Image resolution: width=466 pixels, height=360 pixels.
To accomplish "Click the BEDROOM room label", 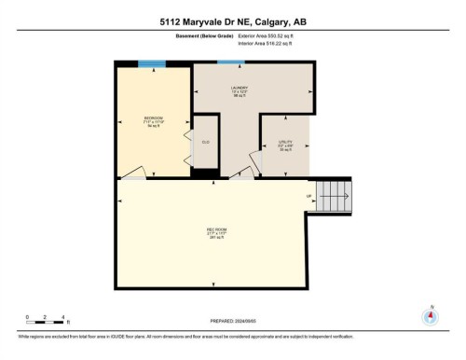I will point(154,118).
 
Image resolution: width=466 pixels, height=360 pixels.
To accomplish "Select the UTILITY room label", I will point(284,145).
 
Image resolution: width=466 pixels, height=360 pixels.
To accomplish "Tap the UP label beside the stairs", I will point(308,197).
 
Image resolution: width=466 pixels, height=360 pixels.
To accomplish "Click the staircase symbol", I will point(334,197).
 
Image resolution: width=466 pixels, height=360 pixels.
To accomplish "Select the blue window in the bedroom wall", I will point(152,64).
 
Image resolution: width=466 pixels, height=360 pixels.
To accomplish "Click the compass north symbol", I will point(430,315).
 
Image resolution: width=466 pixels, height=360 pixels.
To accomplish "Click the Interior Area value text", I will point(273,42).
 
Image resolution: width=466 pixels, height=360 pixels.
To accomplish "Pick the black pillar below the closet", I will point(202,173).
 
